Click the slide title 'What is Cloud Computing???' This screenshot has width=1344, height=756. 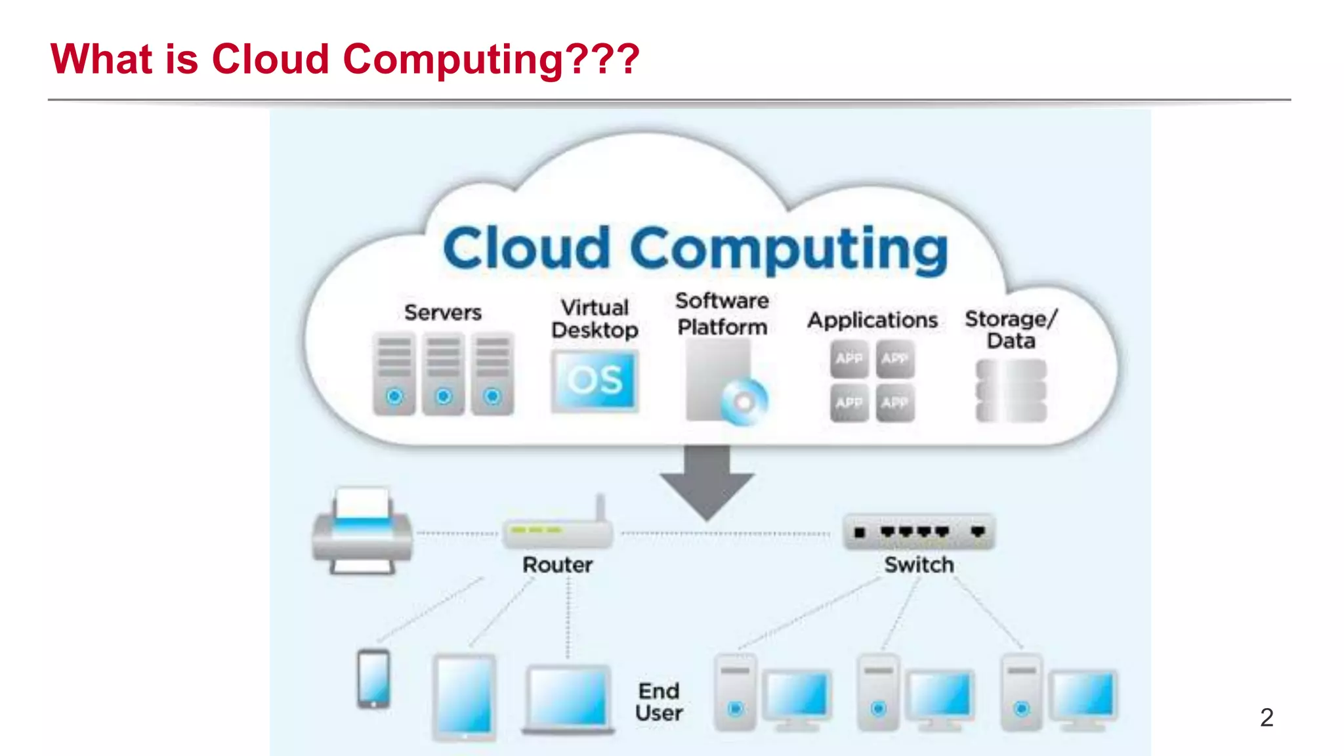(x=345, y=59)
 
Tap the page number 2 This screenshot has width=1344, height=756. (x=1267, y=717)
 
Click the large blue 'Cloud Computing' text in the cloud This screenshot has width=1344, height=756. (x=696, y=249)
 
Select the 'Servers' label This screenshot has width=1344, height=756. (x=443, y=312)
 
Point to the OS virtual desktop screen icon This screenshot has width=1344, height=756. (x=595, y=380)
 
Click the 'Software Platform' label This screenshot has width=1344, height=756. (x=722, y=314)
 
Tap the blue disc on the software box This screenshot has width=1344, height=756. (x=744, y=401)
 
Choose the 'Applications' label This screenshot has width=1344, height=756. (x=872, y=320)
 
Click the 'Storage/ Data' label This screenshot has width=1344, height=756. (x=1011, y=329)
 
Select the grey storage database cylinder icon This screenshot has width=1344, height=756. (x=1011, y=390)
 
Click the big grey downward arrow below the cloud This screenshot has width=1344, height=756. (x=707, y=482)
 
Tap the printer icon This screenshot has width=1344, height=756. (x=362, y=532)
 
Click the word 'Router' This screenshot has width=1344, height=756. (x=557, y=564)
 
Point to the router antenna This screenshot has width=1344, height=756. (x=600, y=509)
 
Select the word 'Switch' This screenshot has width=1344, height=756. (x=919, y=564)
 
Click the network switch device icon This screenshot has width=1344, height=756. (x=919, y=532)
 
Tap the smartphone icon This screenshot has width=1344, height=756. (x=373, y=679)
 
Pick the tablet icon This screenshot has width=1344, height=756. (x=464, y=697)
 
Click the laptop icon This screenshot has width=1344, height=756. (x=568, y=699)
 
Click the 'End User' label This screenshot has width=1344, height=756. (x=659, y=702)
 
